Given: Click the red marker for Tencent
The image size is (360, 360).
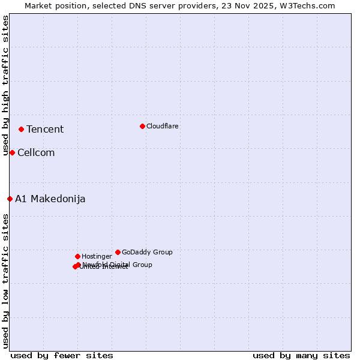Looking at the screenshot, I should [x=21, y=129].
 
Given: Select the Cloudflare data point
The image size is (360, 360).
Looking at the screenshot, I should [x=142, y=126].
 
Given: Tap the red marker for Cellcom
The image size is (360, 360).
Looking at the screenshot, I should [x=12, y=152].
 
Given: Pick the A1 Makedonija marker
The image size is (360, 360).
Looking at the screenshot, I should [x=10, y=199].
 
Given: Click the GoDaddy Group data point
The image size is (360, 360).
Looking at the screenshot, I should [x=118, y=252].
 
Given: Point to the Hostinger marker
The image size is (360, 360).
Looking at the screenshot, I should [x=77, y=256].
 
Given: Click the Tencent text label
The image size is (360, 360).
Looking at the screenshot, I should [x=45, y=130].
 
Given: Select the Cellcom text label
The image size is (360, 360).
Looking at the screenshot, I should [x=36, y=153].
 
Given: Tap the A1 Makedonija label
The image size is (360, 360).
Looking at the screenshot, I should [x=50, y=199].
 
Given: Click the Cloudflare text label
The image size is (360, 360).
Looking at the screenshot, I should [x=163, y=127].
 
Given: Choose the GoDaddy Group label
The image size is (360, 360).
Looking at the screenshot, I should [x=147, y=253].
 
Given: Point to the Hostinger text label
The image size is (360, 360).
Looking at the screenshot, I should [x=97, y=257].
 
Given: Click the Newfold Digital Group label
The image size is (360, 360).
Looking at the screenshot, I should [x=118, y=265].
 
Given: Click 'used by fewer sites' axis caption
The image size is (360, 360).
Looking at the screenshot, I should [x=62, y=355].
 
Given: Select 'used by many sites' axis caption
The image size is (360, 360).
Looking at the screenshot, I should [x=301, y=355].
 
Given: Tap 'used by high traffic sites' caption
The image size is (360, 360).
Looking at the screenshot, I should [x=6, y=85].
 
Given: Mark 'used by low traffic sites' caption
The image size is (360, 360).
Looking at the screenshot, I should [x=6, y=280].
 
